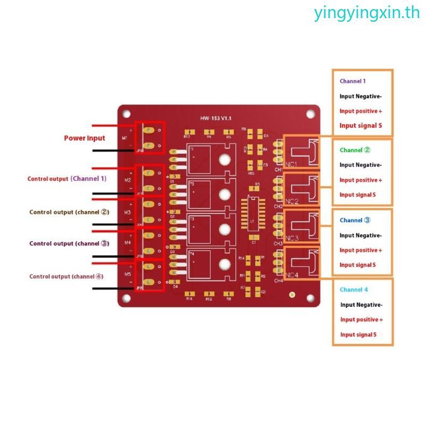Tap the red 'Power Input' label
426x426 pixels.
85,138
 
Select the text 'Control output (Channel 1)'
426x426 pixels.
67,179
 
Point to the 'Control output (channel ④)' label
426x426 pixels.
67,276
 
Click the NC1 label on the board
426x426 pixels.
292,164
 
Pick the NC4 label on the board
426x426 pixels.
292,275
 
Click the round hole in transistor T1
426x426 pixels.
225,159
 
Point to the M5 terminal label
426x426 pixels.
128,274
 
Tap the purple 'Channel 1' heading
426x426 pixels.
353,81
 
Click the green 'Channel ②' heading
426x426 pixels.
351,150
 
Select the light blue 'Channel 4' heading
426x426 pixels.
354,290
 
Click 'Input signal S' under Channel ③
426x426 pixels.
358,265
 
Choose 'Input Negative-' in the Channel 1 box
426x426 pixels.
361,96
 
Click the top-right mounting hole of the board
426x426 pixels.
310,114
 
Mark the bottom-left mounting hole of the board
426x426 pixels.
127,298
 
